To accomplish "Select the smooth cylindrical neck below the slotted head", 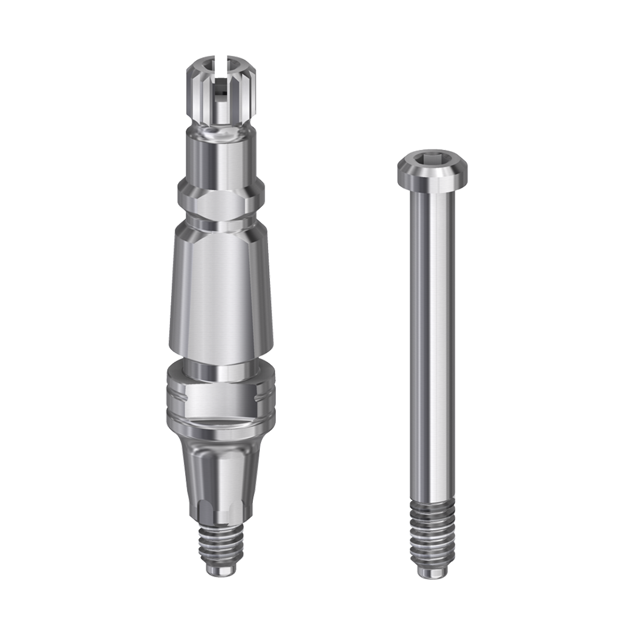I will point(220,156).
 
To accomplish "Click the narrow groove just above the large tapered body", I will point(220,224).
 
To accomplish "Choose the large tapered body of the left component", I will point(220,294).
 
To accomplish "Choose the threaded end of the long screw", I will point(432,532).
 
